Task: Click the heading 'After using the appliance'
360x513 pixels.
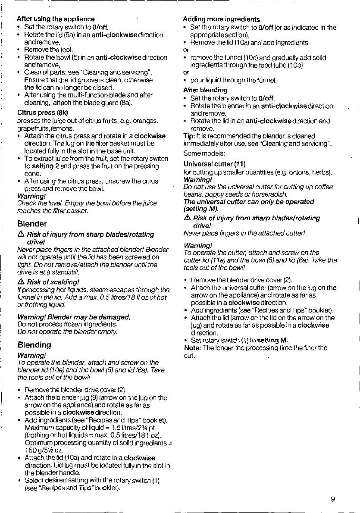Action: (55, 19)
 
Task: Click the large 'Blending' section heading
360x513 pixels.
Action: (34, 345)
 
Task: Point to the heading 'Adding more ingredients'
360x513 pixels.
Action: (221, 19)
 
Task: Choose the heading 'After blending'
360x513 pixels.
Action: (205, 90)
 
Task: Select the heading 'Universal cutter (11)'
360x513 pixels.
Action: (214, 164)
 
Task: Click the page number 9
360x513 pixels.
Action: (332, 499)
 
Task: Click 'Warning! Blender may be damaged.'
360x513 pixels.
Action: (73, 305)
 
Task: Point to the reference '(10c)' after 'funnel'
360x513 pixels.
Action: (238, 58)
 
